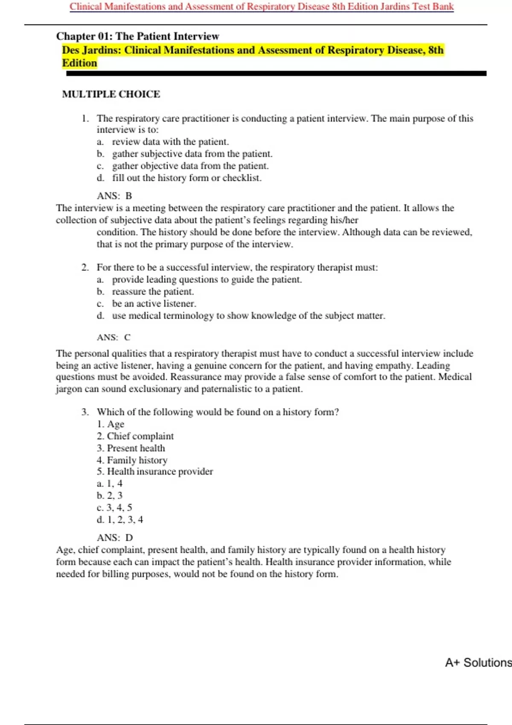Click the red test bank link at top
(262, 7)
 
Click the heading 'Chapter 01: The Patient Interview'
(137, 36)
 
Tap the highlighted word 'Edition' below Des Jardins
(80, 63)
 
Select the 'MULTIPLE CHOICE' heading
(111, 94)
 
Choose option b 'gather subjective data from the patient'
(192, 154)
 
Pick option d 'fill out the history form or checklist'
(186, 178)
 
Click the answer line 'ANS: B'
(114, 196)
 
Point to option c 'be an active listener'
(154, 304)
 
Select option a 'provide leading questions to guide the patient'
(207, 280)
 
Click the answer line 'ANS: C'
(113, 337)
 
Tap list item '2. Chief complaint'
(135, 436)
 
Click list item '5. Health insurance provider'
(155, 472)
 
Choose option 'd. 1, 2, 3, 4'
(120, 520)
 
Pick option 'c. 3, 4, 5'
(114, 507)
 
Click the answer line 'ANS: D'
(115, 538)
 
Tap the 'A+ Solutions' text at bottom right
(478, 663)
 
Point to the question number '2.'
(85, 268)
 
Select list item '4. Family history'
(132, 460)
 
